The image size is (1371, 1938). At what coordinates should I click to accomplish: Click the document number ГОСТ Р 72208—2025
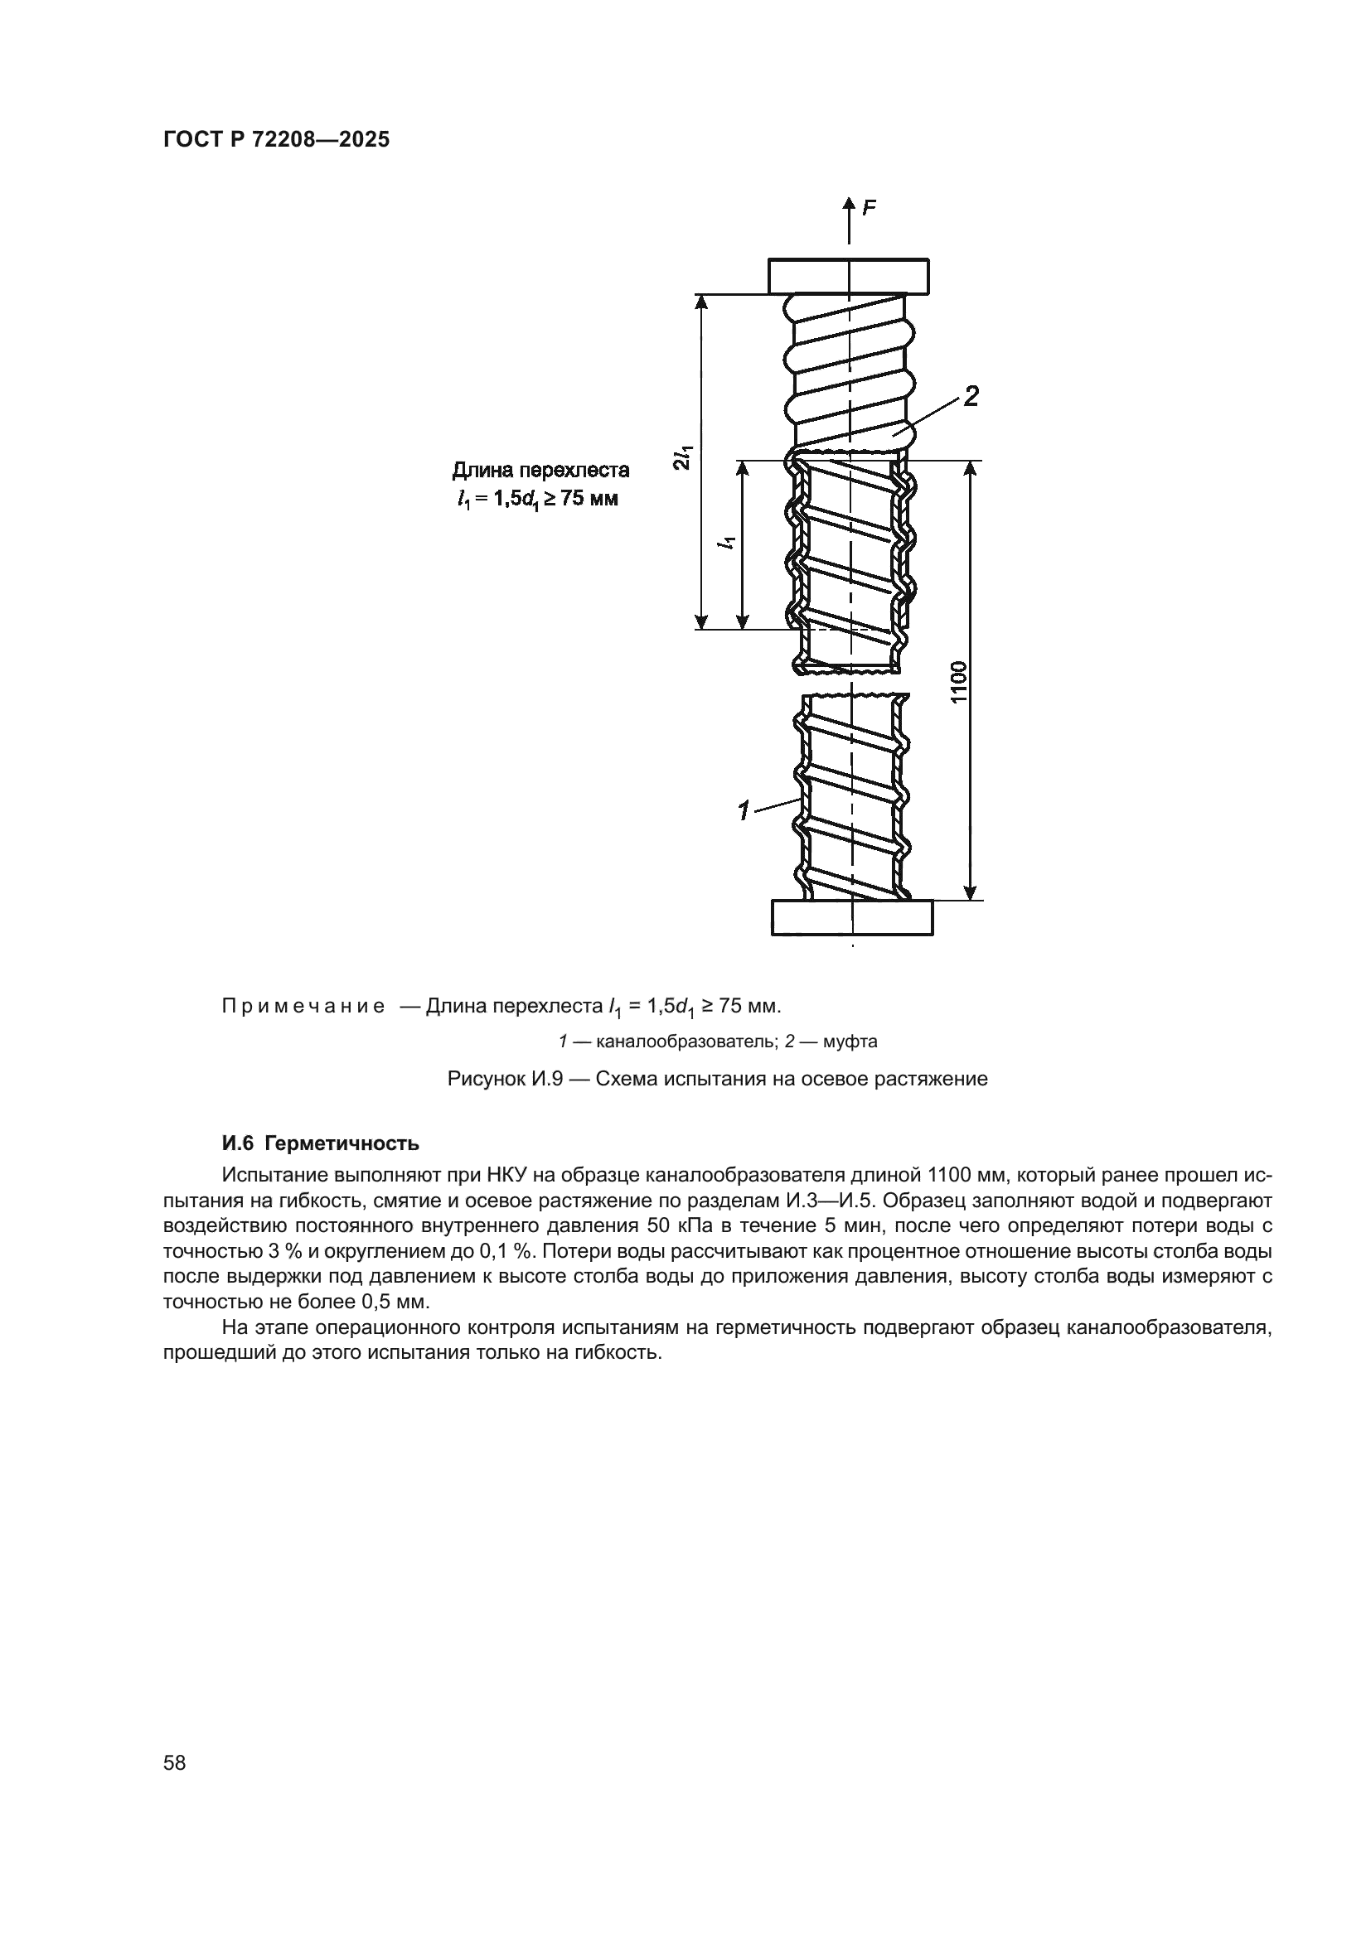coord(276,140)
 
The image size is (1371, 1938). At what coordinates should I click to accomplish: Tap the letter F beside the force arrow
coord(869,208)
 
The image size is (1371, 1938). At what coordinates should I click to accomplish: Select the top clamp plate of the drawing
coord(849,276)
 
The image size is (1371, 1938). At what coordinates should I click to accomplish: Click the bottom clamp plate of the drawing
coord(853,917)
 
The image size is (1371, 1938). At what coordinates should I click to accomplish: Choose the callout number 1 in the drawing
coord(743,812)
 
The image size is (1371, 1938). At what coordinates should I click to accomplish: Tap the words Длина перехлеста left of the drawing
coord(540,470)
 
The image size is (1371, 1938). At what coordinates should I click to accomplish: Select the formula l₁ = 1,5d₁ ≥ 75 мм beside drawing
coord(536,499)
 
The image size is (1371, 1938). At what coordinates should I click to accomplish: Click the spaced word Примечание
coord(303,1006)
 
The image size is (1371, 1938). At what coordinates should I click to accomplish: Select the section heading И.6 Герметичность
coord(320,1143)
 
